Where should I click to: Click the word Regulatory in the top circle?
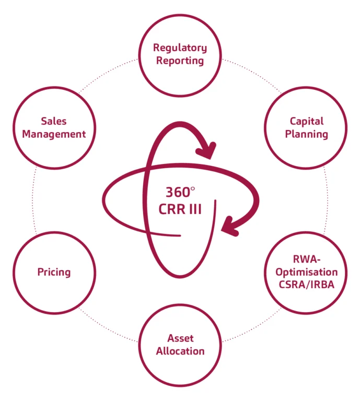coord(180,48)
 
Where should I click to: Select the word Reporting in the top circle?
coord(180,61)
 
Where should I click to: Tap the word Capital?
coord(307,121)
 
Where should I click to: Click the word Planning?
coord(307,134)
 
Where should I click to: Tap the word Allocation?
coord(180,350)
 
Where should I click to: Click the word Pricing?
coord(54,272)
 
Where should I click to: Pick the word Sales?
coord(54,121)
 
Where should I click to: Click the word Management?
coord(54,134)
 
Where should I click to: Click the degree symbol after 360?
coord(192,187)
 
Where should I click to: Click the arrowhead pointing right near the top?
coord(207,150)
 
